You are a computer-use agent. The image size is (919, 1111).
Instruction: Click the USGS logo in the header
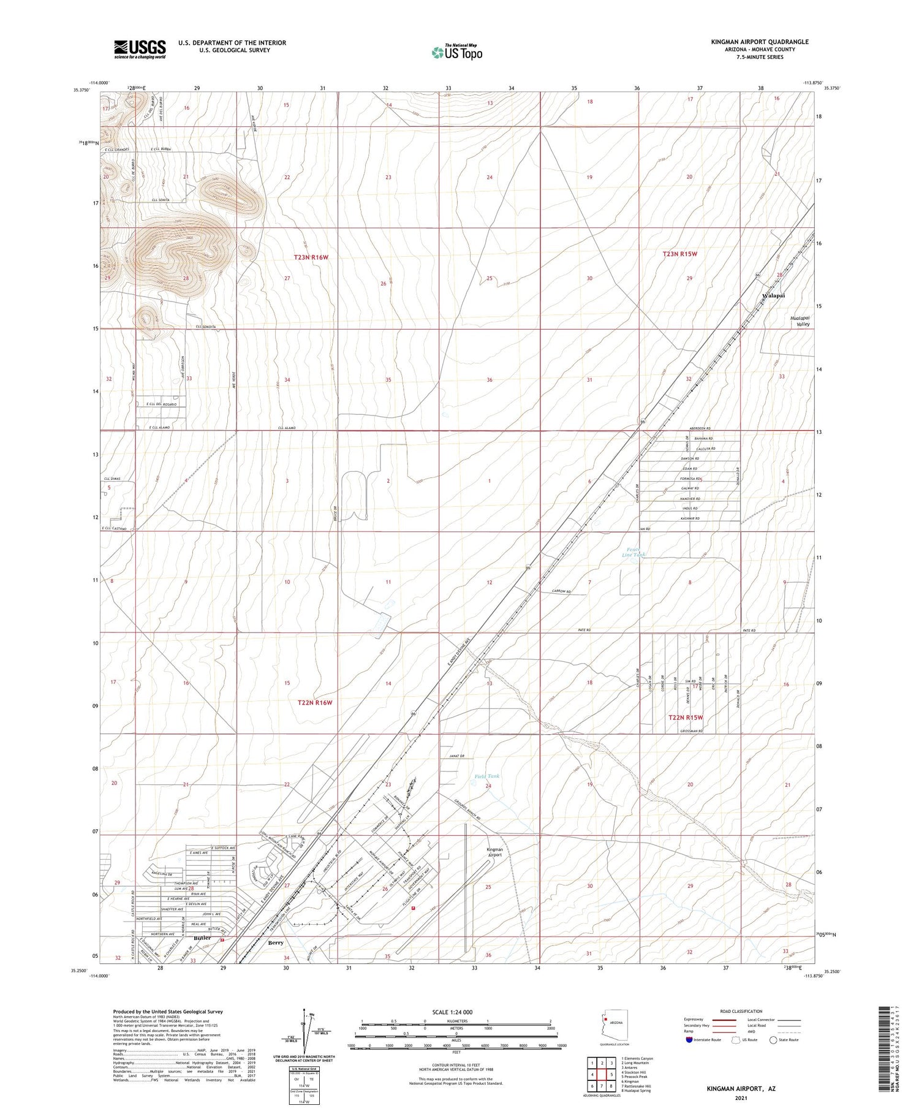point(140,49)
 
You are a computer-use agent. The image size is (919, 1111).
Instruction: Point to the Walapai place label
point(773,295)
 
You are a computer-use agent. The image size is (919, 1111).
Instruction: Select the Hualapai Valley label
point(800,321)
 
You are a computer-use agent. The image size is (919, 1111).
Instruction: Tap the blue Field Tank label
point(487,776)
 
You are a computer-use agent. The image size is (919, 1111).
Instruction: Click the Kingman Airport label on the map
point(494,852)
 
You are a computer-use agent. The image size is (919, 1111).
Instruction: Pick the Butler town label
point(202,938)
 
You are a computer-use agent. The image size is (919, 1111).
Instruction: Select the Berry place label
point(276,942)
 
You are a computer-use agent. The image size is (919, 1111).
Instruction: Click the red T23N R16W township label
point(311,257)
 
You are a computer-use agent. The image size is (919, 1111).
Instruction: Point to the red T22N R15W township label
point(686,717)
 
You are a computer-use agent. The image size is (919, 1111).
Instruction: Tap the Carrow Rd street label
point(561,591)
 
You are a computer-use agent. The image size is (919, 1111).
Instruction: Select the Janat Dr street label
point(458,757)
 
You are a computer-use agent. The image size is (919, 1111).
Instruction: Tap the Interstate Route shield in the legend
point(690,1039)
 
